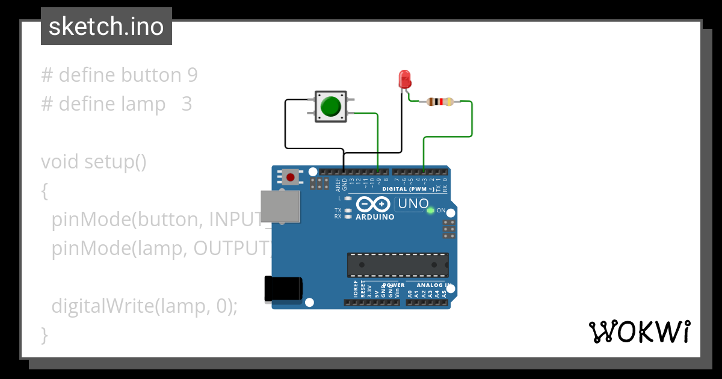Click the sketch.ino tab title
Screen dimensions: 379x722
[106, 26]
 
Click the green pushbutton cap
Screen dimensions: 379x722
[330, 106]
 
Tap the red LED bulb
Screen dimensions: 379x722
[404, 78]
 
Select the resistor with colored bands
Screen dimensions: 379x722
[440, 102]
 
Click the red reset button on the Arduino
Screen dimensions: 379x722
[291, 177]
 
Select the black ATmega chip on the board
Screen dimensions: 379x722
[397, 265]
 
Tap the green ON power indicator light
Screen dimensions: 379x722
[430, 211]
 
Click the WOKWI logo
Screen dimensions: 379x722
[639, 331]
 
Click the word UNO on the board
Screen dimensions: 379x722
[413, 204]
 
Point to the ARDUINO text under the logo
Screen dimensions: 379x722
[375, 217]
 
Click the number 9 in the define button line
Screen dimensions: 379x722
[191, 75]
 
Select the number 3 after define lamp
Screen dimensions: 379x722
[187, 104]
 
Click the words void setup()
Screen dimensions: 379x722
[93, 162]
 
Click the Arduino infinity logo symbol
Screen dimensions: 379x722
[374, 204]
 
